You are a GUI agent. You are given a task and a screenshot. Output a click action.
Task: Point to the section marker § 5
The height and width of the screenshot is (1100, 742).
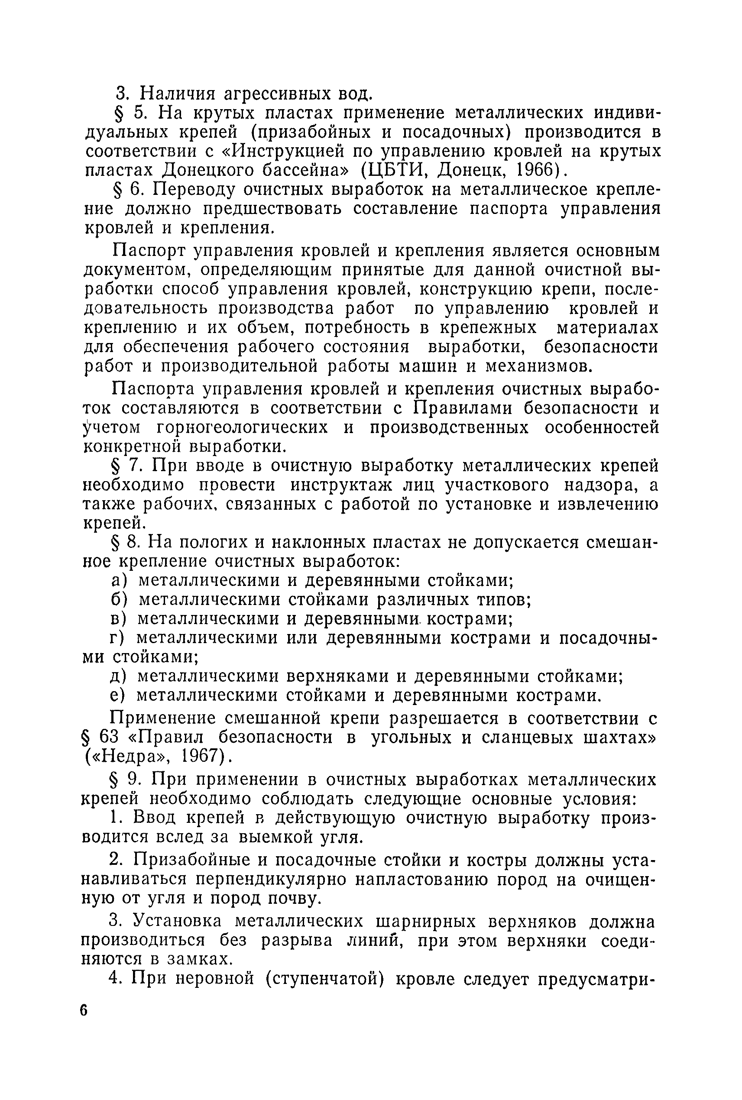[x=127, y=113]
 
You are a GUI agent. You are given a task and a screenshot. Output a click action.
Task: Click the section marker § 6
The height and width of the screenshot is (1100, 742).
[x=127, y=190]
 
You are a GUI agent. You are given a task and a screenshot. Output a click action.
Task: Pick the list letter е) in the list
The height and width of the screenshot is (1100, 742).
[x=117, y=696]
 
